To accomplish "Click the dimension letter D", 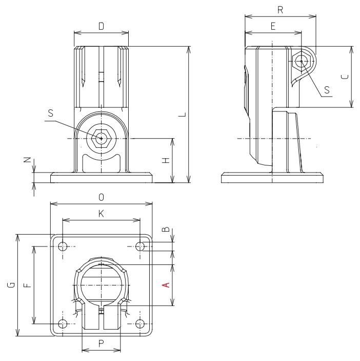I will tap(101, 25).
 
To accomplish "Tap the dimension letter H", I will tap(165, 161).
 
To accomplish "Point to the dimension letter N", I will tap(27, 160).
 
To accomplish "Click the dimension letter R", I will tap(279, 10).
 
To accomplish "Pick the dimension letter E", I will tap(272, 26).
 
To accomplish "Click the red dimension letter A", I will tap(165, 285).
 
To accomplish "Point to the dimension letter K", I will tap(101, 214).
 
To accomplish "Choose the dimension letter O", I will tap(101, 197).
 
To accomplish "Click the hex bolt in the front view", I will tap(102, 138).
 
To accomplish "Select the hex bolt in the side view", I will tap(302, 61).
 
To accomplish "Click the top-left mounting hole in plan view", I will tap(63, 246).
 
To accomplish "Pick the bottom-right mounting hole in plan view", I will tap(140, 324).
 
